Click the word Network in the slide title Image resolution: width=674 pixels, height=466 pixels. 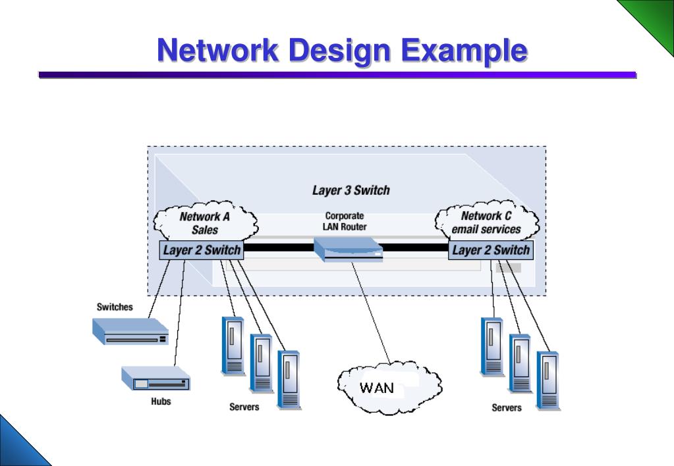tap(218, 50)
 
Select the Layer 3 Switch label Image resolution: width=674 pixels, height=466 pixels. tap(351, 190)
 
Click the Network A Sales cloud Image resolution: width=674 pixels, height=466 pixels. tap(205, 222)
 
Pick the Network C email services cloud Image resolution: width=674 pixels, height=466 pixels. tap(487, 222)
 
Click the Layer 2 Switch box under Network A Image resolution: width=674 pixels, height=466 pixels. tap(202, 250)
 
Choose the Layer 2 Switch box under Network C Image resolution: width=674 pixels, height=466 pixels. tap(491, 250)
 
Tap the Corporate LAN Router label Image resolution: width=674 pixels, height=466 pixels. tap(345, 221)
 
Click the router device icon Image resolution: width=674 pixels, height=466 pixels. tap(348, 249)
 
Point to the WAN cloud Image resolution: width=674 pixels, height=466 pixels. tap(389, 388)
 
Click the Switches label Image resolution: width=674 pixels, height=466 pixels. tap(115, 307)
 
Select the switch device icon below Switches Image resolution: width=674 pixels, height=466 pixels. tap(130, 331)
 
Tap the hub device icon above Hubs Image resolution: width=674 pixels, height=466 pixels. tap(155, 378)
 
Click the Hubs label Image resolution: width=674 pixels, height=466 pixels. tap(161, 401)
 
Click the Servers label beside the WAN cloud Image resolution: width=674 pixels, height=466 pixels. tap(244, 407)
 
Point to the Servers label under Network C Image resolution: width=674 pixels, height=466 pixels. tap(507, 407)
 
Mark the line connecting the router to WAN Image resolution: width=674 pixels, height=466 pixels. tap(371, 313)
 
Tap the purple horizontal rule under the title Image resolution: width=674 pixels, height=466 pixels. tap(337, 75)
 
